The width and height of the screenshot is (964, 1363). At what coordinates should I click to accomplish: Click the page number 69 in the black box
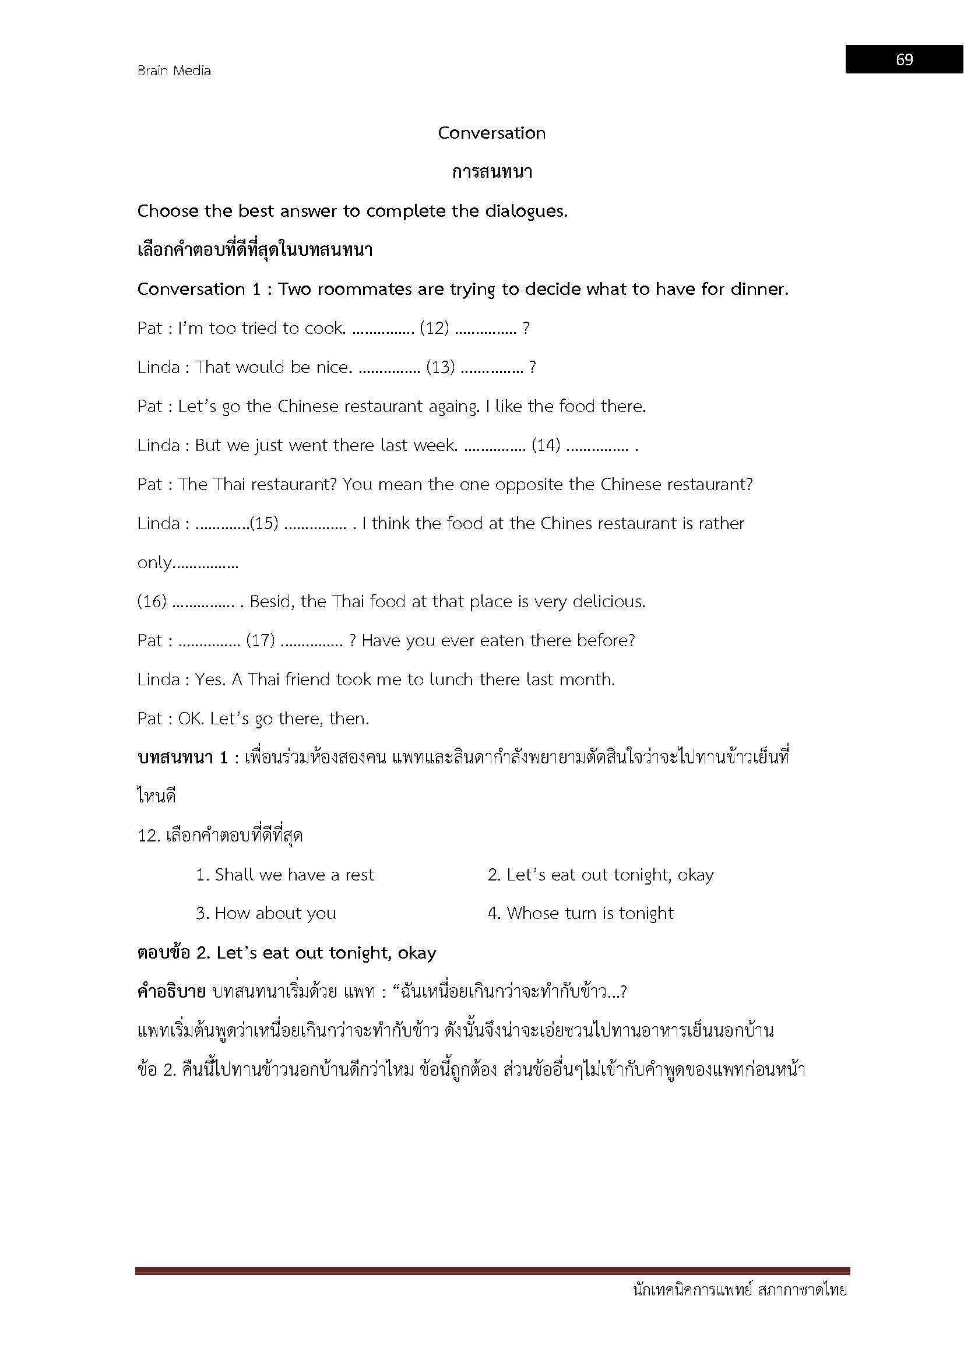904,59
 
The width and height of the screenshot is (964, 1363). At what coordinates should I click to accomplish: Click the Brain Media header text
174,71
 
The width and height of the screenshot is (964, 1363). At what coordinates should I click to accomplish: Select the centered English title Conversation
491,133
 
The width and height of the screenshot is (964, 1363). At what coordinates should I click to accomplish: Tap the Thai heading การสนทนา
491,172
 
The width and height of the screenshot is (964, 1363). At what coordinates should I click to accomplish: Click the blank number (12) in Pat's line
435,328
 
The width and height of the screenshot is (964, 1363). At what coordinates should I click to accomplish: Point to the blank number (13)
441,368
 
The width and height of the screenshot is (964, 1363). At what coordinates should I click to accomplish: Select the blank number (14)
546,445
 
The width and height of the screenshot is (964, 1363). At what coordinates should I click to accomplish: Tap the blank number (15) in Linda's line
264,524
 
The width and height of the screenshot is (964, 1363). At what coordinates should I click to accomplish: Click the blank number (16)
152,602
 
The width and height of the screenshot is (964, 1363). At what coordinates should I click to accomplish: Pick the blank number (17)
260,641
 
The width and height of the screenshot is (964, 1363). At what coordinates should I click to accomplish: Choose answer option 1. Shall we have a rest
285,875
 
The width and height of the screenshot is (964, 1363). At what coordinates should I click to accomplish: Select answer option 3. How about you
266,914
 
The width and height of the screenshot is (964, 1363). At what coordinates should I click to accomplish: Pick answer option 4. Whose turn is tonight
580,914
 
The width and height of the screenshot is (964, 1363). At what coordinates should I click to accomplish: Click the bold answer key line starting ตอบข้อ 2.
287,953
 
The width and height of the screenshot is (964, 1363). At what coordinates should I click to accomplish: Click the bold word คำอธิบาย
171,992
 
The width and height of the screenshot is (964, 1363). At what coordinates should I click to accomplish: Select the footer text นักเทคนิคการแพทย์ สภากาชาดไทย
740,1290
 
